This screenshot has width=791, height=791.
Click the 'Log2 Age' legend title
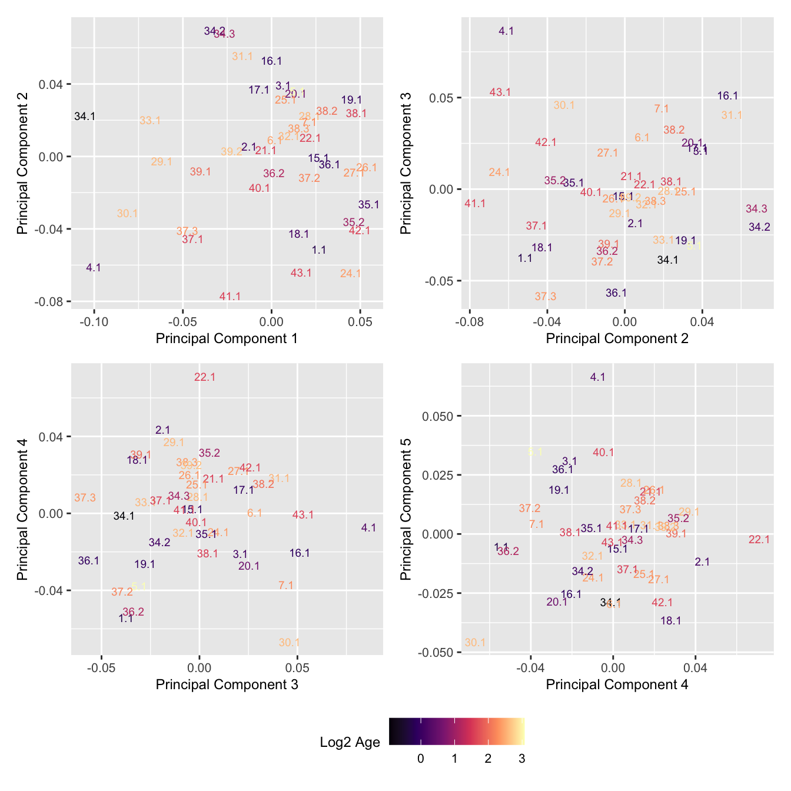point(350,742)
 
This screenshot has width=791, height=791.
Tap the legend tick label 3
point(521,759)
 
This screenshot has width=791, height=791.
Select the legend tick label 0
point(420,759)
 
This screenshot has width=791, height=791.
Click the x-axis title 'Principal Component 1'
point(227,338)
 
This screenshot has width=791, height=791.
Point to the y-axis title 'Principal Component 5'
point(406,509)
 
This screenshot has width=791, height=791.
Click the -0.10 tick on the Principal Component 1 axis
point(94,323)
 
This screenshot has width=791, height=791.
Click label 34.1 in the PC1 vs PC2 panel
point(85,117)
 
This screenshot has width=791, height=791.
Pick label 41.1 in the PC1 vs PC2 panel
point(230,297)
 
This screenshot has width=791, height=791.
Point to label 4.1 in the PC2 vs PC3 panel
point(506,31)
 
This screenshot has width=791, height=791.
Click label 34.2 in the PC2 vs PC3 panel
point(759,227)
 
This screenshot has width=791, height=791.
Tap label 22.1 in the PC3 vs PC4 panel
point(205,377)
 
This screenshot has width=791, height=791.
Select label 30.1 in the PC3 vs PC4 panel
point(290,643)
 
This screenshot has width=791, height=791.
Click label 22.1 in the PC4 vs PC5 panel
point(759,540)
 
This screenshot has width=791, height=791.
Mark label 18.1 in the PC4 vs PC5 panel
point(671,621)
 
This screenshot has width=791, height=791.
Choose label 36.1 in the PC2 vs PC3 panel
point(616,293)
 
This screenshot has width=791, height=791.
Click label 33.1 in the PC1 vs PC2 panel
point(150,121)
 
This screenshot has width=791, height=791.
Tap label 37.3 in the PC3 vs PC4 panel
point(85,498)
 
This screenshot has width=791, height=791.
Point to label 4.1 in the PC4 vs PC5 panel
point(597,377)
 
